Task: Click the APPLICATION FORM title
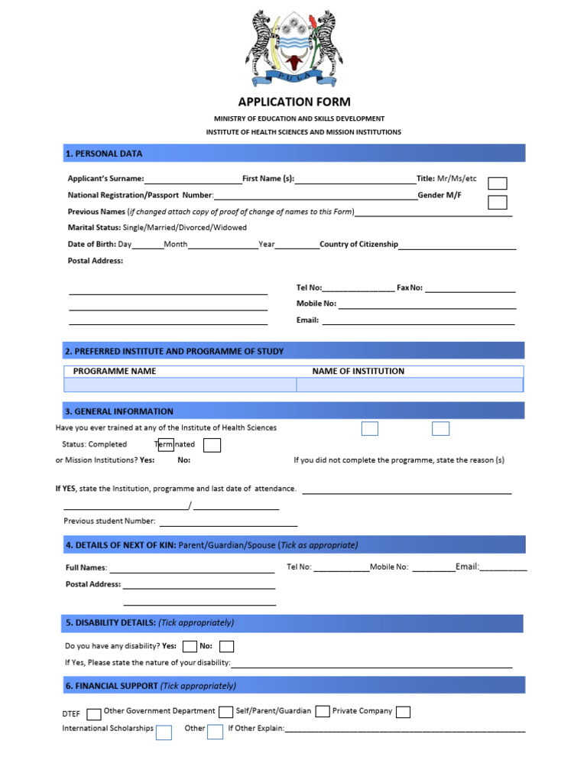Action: point(293,102)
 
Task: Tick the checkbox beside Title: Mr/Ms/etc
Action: point(497,183)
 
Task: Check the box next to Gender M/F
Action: point(497,202)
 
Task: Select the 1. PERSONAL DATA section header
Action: point(104,154)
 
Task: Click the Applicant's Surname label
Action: point(105,178)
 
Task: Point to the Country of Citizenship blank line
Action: point(457,248)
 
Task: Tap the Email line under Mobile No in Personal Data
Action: point(418,323)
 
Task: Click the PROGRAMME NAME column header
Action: point(115,372)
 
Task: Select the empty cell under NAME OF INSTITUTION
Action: point(409,385)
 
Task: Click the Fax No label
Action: point(410,288)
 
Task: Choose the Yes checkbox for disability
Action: point(190,647)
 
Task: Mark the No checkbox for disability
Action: point(227,647)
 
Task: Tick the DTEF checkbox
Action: point(94,714)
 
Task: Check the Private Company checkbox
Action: point(403,712)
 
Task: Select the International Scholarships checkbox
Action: point(164,733)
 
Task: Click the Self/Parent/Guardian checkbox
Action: point(225,712)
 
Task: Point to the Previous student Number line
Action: point(228,525)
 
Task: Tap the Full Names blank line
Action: point(192,570)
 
